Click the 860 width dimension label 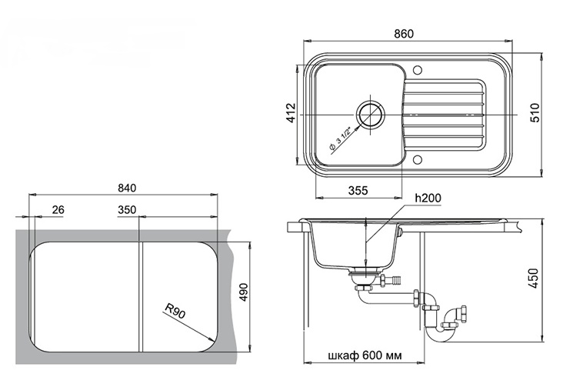(404, 34)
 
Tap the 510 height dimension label (535, 112)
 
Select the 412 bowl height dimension (291, 112)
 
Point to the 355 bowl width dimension (358, 191)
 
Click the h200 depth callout (428, 198)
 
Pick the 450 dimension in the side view (535, 278)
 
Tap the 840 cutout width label (127, 188)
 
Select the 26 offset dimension (58, 209)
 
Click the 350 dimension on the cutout (127, 209)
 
